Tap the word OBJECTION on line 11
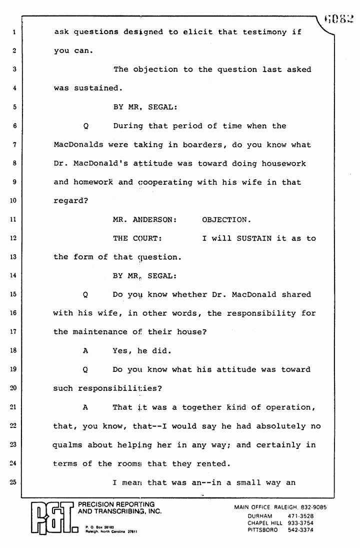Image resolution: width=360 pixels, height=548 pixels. click(224, 219)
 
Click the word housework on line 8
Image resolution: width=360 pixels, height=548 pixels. click(284, 164)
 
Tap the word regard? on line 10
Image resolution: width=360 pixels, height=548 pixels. click(70, 201)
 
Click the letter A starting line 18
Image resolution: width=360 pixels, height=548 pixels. click(85, 350)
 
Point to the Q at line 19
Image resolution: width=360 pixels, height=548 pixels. click(85, 369)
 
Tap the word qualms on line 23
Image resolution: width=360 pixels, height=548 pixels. click(68, 445)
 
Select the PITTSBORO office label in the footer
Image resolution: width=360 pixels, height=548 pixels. click(265, 531)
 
